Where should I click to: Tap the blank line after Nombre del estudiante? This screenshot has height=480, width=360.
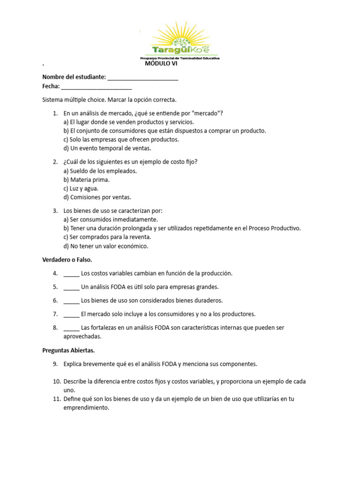click(x=143, y=77)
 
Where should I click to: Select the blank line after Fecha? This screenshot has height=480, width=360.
click(x=97, y=86)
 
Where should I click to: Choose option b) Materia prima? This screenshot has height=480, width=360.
click(x=87, y=180)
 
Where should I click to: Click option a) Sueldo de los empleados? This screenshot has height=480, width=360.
click(x=100, y=171)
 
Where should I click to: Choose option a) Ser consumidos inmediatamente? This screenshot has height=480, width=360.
click(x=111, y=219)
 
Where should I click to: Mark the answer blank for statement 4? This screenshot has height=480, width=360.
click(x=71, y=273)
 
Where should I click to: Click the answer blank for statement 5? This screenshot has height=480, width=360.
click(x=71, y=287)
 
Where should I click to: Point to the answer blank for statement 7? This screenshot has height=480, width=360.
click(x=71, y=314)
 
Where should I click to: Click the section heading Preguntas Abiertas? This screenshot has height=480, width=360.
click(x=68, y=350)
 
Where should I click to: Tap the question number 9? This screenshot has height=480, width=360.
click(x=55, y=364)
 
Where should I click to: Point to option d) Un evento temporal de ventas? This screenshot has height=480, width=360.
click(x=107, y=148)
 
